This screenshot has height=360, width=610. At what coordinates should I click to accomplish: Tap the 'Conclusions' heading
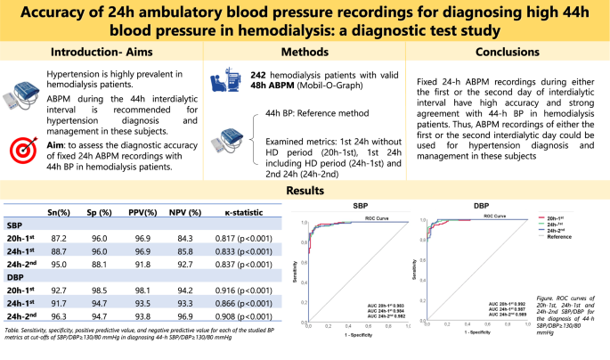click(508, 52)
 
